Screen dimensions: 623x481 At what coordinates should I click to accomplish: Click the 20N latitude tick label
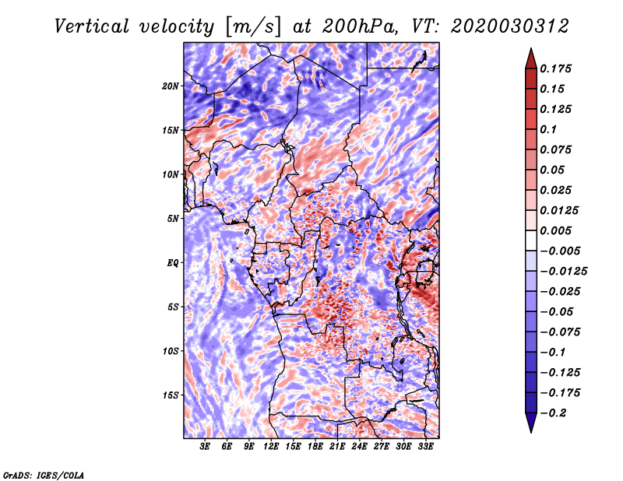click(171, 86)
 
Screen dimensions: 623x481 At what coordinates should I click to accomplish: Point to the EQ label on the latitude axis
click(172, 263)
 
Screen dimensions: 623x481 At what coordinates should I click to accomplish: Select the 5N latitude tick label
click(173, 219)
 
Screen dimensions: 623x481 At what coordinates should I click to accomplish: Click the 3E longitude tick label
click(205, 447)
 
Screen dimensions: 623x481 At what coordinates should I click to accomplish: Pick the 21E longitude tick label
click(337, 447)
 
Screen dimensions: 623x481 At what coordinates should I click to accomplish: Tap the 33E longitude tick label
click(425, 447)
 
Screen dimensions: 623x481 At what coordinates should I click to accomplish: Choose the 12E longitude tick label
click(271, 447)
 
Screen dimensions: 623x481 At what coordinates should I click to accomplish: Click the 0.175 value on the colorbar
click(555, 68)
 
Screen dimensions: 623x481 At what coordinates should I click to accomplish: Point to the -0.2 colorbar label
click(553, 413)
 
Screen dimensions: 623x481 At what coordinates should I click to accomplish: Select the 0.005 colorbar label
click(555, 230)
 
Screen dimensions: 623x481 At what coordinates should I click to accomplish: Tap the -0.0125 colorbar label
click(563, 272)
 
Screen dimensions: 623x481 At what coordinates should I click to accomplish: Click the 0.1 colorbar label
click(548, 129)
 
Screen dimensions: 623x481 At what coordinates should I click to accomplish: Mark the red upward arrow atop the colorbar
click(531, 58)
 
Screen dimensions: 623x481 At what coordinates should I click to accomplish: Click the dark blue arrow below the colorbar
click(531, 423)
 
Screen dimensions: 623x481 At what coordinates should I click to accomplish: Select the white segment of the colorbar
click(531, 240)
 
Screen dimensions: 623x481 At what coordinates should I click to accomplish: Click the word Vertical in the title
click(92, 26)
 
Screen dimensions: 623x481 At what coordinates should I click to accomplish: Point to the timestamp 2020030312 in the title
click(510, 26)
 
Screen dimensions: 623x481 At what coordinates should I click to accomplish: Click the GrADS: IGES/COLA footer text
click(44, 476)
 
